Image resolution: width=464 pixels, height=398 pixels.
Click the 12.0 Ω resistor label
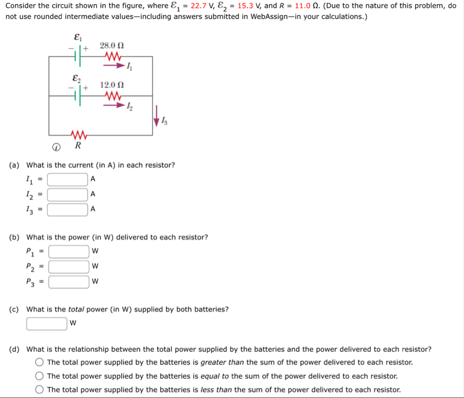(x=112, y=85)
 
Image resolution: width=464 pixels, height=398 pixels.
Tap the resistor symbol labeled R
(x=79, y=134)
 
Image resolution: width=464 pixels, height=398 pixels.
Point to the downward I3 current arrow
(x=156, y=118)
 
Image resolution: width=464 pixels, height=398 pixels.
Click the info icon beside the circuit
(x=56, y=146)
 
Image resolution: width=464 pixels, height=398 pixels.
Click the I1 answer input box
(x=68, y=179)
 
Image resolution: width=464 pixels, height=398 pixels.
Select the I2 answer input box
(x=68, y=194)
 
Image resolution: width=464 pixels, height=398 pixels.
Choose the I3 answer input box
(x=68, y=209)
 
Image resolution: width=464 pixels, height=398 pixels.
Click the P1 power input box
(x=69, y=251)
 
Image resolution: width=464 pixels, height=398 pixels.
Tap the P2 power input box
(x=69, y=266)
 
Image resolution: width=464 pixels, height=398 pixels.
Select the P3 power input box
(x=69, y=281)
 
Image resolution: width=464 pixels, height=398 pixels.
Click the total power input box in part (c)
(x=47, y=323)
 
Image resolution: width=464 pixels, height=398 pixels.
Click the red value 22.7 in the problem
(x=199, y=6)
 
